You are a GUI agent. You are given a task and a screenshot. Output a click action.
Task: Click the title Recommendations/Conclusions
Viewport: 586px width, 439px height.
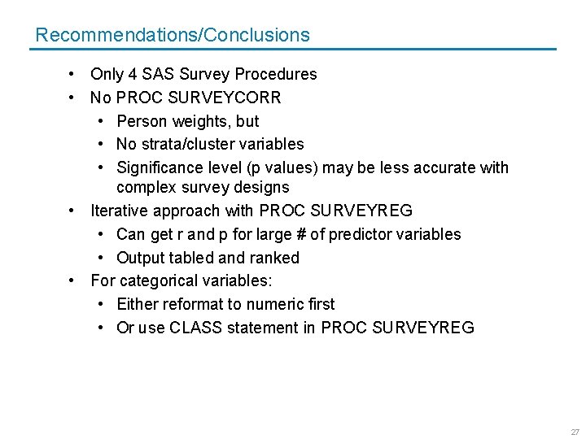[x=173, y=35]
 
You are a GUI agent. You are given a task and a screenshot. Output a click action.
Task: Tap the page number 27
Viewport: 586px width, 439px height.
[x=575, y=432]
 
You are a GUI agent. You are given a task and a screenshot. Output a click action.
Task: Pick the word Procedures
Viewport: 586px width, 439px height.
[x=276, y=74]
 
